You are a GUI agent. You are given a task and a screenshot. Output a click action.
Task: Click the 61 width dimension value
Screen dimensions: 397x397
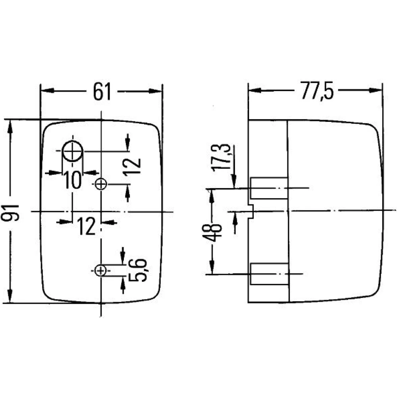[102, 92]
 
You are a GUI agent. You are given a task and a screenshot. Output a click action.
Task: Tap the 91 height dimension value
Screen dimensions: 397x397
[10, 213]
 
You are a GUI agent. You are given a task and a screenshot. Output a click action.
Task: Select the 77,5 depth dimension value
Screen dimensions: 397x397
[317, 91]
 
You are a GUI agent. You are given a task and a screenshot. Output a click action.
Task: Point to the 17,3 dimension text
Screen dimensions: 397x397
[222, 158]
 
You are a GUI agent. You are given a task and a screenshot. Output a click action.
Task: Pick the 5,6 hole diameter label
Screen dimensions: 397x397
[138, 270]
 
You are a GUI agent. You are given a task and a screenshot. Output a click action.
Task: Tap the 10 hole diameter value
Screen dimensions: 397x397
[72, 180]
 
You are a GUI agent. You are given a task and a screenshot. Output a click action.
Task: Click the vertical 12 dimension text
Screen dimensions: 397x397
[132, 167]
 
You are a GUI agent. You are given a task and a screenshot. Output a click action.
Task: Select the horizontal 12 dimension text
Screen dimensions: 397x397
[87, 226]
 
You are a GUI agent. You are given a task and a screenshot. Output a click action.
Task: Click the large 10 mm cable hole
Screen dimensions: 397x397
[72, 151]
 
